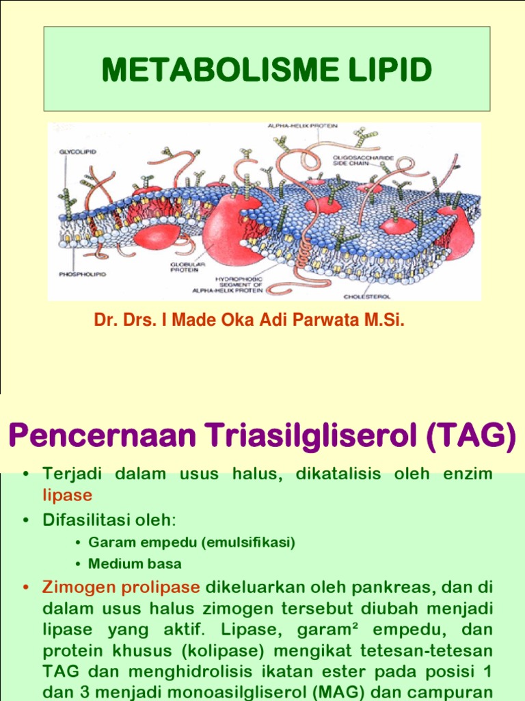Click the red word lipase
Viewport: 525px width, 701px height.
pyautogui.click(x=67, y=495)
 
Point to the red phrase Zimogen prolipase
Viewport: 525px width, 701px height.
pyautogui.click(x=121, y=587)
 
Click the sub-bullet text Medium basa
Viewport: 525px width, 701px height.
pyautogui.click(x=135, y=564)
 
